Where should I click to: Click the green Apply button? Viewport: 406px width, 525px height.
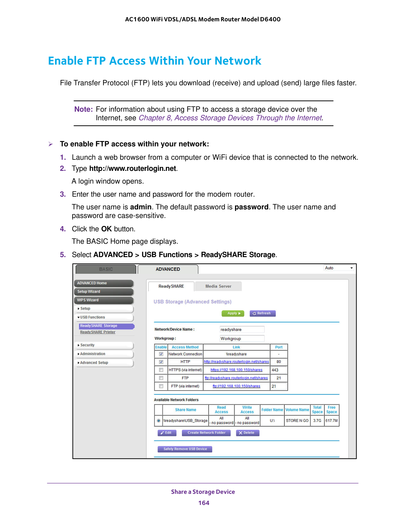[233, 313]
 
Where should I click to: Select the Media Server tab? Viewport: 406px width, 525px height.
[218, 286]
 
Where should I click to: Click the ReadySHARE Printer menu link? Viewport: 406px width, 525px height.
[98, 332]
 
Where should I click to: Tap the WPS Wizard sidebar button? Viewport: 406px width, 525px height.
[104, 300]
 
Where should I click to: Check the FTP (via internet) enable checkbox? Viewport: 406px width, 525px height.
[161, 386]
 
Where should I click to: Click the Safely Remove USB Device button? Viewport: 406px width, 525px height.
[185, 449]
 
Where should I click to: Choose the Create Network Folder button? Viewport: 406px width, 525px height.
[206, 433]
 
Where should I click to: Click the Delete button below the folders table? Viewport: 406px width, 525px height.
[247, 433]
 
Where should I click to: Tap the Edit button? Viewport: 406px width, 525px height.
[167, 433]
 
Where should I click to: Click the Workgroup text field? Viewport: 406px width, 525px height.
[242, 339]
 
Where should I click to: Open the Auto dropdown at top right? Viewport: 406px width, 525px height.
[339, 268]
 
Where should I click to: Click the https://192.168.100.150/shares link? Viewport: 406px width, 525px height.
[236, 370]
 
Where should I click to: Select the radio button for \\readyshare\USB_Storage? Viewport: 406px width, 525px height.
[159, 421]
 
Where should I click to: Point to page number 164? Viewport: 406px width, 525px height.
[204, 503]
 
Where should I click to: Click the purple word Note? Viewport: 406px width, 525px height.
[83, 109]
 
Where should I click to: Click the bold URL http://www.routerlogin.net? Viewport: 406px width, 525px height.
[132, 169]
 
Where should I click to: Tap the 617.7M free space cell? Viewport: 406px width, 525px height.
[331, 421]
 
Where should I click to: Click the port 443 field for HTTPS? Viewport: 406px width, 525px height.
[278, 370]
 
